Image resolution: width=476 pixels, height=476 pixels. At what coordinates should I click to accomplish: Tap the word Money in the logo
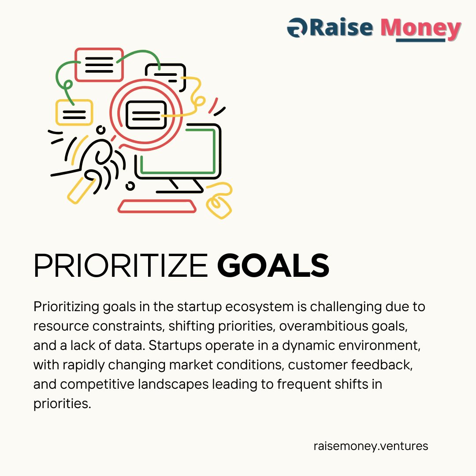420,28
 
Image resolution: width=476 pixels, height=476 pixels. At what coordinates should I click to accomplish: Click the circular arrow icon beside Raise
297,28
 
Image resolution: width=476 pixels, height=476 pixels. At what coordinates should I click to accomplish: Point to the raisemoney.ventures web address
371,446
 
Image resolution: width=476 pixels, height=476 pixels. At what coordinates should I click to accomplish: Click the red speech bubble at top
99,65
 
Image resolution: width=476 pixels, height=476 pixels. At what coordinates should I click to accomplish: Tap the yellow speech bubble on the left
74,112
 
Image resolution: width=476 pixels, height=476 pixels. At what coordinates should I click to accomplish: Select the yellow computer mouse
219,205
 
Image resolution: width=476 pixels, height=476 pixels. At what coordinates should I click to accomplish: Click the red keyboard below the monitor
157,206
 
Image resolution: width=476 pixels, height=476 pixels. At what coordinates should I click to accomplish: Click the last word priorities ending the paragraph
62,403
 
